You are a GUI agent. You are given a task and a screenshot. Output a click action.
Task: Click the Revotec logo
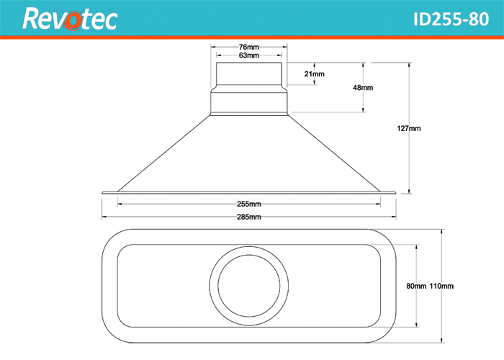pos(69,19)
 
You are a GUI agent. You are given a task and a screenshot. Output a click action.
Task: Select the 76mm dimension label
pos(248,47)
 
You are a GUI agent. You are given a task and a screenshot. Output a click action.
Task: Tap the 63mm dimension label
pos(248,55)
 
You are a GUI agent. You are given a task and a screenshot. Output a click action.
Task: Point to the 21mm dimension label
pos(315,74)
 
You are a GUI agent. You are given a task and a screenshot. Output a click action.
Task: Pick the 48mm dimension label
pos(363,88)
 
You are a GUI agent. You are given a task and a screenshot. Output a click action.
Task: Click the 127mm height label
pos(408,129)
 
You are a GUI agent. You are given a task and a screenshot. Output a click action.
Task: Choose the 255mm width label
pos(248,204)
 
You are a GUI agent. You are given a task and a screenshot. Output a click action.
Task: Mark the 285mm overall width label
pos(248,216)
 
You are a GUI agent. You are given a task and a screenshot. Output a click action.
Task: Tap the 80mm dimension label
pos(416,286)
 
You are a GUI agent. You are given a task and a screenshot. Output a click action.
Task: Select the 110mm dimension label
pos(441,286)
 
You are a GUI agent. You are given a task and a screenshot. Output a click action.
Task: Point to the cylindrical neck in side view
pos(248,76)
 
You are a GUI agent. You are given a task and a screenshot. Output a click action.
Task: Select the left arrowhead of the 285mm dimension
pos(104,216)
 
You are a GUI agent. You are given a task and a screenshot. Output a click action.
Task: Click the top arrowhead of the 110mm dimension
pos(440,231)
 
